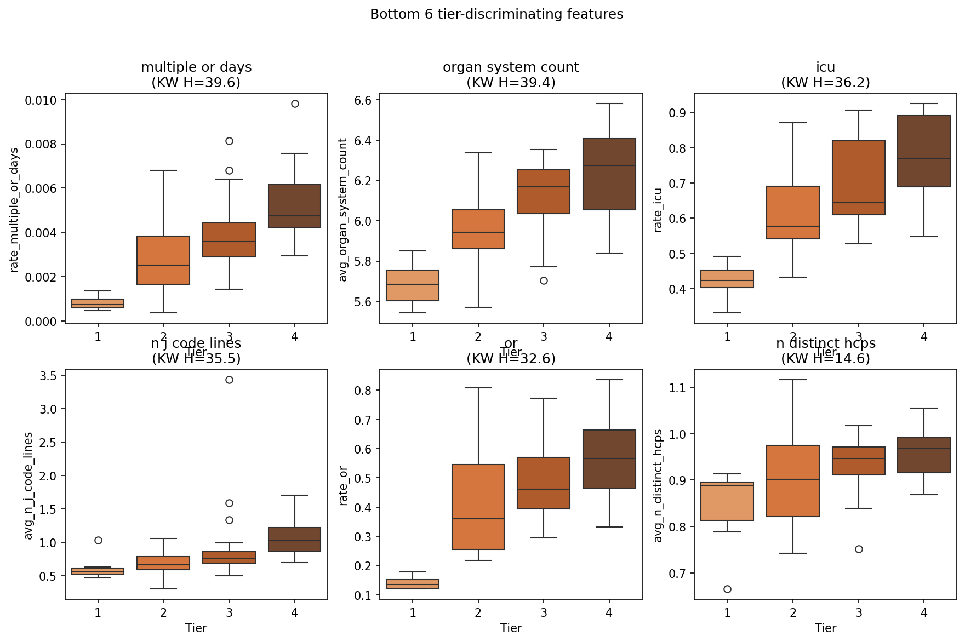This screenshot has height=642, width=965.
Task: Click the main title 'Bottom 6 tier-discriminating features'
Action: (496, 14)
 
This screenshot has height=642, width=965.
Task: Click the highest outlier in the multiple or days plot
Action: (295, 104)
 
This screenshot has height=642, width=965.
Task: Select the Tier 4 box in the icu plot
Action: (924, 151)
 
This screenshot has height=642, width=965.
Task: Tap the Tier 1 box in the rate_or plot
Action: (413, 584)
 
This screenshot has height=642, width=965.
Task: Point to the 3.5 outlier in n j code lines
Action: (229, 380)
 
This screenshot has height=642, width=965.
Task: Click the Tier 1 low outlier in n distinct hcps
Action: (727, 589)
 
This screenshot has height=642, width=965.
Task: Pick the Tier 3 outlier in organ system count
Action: (544, 280)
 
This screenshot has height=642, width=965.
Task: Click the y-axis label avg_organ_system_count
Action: (344, 210)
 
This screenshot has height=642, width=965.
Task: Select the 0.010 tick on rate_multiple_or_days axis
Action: (41, 100)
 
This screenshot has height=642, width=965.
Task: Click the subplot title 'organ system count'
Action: (511, 67)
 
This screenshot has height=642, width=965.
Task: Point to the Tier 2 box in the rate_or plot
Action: (478, 507)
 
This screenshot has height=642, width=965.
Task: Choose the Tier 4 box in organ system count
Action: (609, 174)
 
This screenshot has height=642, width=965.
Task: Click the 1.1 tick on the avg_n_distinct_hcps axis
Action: (678, 388)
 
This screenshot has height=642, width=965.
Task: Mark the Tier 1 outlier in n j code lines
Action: (98, 540)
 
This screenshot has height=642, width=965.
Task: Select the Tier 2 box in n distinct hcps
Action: (793, 481)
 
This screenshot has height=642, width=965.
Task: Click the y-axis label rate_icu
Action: (658, 210)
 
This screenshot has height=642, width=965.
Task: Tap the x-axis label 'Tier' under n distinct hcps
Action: (825, 628)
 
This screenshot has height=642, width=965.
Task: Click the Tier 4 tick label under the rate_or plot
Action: (609, 612)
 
